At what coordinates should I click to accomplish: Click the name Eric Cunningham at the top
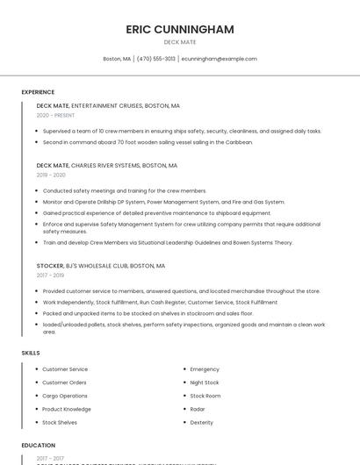pos(180,29)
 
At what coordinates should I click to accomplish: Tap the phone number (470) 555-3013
pos(155,59)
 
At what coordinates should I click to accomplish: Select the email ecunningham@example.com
pos(219,59)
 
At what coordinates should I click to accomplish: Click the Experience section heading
pos(38,92)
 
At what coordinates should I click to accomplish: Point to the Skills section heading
pos(31,353)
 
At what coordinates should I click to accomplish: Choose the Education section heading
pos(39,445)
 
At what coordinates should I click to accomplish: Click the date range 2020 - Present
pos(55,115)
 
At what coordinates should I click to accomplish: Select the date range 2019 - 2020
pos(51,175)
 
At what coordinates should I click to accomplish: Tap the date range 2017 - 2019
pos(50,275)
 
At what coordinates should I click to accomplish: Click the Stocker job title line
pos(101,265)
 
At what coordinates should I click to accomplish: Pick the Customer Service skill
pos(65,369)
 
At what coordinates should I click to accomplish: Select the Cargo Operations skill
pos(65,396)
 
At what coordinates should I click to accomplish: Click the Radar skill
pos(198,409)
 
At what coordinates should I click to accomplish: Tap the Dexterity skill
pos(202,422)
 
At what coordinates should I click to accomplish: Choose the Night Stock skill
pos(205,383)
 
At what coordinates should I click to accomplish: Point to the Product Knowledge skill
pos(67,409)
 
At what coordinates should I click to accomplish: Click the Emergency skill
pos(205,369)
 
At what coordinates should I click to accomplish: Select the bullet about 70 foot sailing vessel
pos(148,142)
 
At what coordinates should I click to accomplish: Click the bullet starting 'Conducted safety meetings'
pos(125,190)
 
